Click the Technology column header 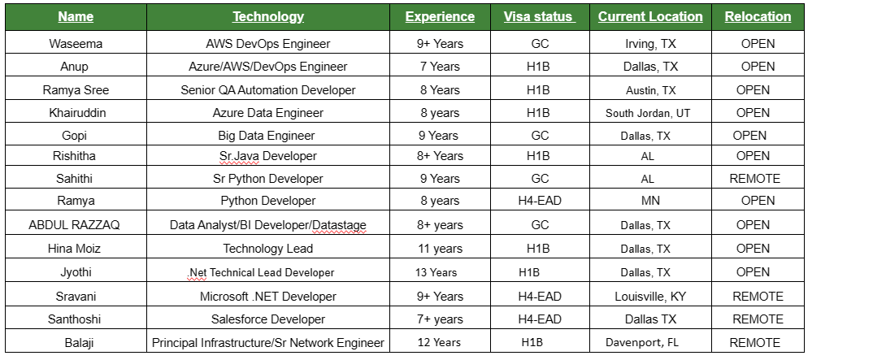click(x=268, y=16)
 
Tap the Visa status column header click(x=538, y=16)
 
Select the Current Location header click(x=650, y=16)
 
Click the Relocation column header click(x=758, y=16)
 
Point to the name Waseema click(x=76, y=44)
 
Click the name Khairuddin click(x=76, y=113)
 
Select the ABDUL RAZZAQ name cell click(x=76, y=225)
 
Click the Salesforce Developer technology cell click(x=268, y=319)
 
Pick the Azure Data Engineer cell click(x=268, y=113)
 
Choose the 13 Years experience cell click(x=437, y=273)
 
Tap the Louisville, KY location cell click(x=650, y=297)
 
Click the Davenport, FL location click(x=642, y=343)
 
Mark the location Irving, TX click(x=650, y=44)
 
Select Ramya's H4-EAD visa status click(x=539, y=201)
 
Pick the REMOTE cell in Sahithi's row click(x=756, y=179)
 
